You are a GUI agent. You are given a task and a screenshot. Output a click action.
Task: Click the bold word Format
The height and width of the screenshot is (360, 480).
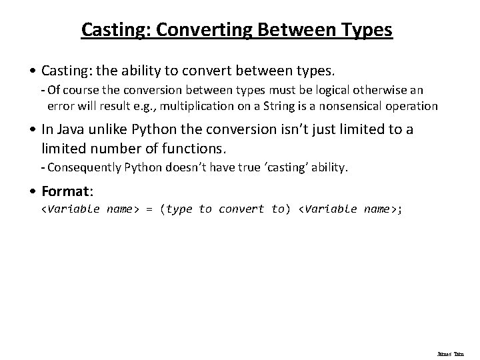(67, 191)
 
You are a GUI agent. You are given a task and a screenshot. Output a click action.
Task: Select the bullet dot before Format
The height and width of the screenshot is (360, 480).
(34, 192)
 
